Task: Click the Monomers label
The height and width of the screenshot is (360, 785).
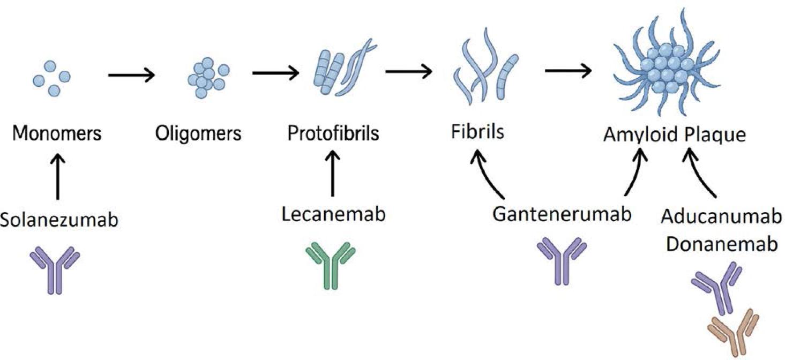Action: click(57, 133)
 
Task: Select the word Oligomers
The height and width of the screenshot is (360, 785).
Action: click(198, 133)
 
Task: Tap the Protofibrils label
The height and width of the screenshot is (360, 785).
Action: click(333, 133)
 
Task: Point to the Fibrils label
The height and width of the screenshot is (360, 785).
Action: click(477, 132)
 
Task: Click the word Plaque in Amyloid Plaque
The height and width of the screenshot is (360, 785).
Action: click(715, 135)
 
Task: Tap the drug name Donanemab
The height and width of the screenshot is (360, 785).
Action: click(721, 244)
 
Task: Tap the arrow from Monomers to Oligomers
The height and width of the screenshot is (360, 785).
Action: click(132, 75)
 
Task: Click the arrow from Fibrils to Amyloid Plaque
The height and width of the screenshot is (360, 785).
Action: click(568, 71)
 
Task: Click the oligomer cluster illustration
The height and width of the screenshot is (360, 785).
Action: click(206, 78)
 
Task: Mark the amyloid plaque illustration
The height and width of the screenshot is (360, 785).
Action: click(667, 67)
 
